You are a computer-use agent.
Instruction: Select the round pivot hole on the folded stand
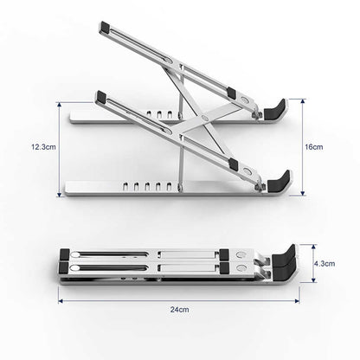pyautogui.click(x=76, y=255)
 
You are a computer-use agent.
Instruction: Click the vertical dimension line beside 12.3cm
pyautogui.click(x=60, y=148)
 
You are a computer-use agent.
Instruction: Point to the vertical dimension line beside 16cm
pyautogui.click(x=301, y=147)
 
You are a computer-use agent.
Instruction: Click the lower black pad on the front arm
pyautogui.click(x=233, y=165)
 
